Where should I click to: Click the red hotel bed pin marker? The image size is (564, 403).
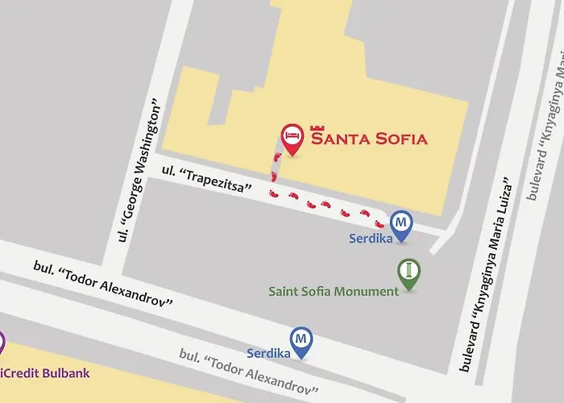(292, 138)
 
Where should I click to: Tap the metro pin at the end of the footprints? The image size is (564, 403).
(400, 222)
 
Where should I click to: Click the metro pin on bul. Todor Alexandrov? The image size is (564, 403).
(301, 340)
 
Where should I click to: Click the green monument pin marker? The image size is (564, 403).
(409, 272)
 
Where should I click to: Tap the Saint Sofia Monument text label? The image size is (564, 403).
(334, 291)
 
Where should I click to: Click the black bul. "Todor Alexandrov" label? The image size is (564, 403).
(103, 285)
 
